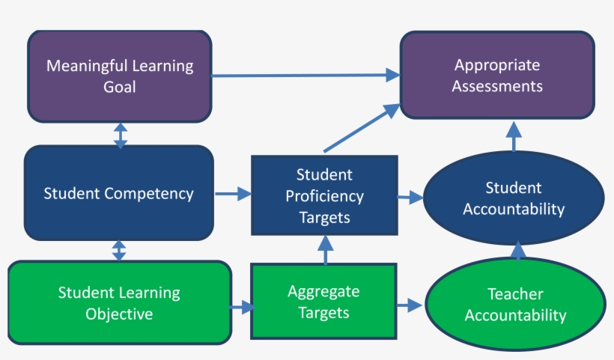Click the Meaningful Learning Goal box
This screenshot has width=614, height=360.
point(120,76)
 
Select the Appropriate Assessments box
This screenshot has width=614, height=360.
point(497,76)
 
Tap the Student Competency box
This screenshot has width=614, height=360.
point(118,193)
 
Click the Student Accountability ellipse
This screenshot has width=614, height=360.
point(513,198)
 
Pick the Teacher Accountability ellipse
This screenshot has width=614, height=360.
point(515,305)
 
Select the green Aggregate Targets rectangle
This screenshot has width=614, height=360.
point(323,302)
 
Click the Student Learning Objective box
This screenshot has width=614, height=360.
point(119,302)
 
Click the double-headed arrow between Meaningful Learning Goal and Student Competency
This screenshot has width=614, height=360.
point(120,135)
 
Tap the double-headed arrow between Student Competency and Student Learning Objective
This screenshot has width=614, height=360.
point(118,251)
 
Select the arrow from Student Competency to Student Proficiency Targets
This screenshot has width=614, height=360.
point(233,195)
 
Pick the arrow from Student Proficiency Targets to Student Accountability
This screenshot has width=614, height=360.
point(410,198)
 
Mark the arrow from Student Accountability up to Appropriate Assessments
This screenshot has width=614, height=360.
point(514,138)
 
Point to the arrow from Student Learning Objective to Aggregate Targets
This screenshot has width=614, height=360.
point(242,306)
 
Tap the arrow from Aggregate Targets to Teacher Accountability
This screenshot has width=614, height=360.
point(409,305)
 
